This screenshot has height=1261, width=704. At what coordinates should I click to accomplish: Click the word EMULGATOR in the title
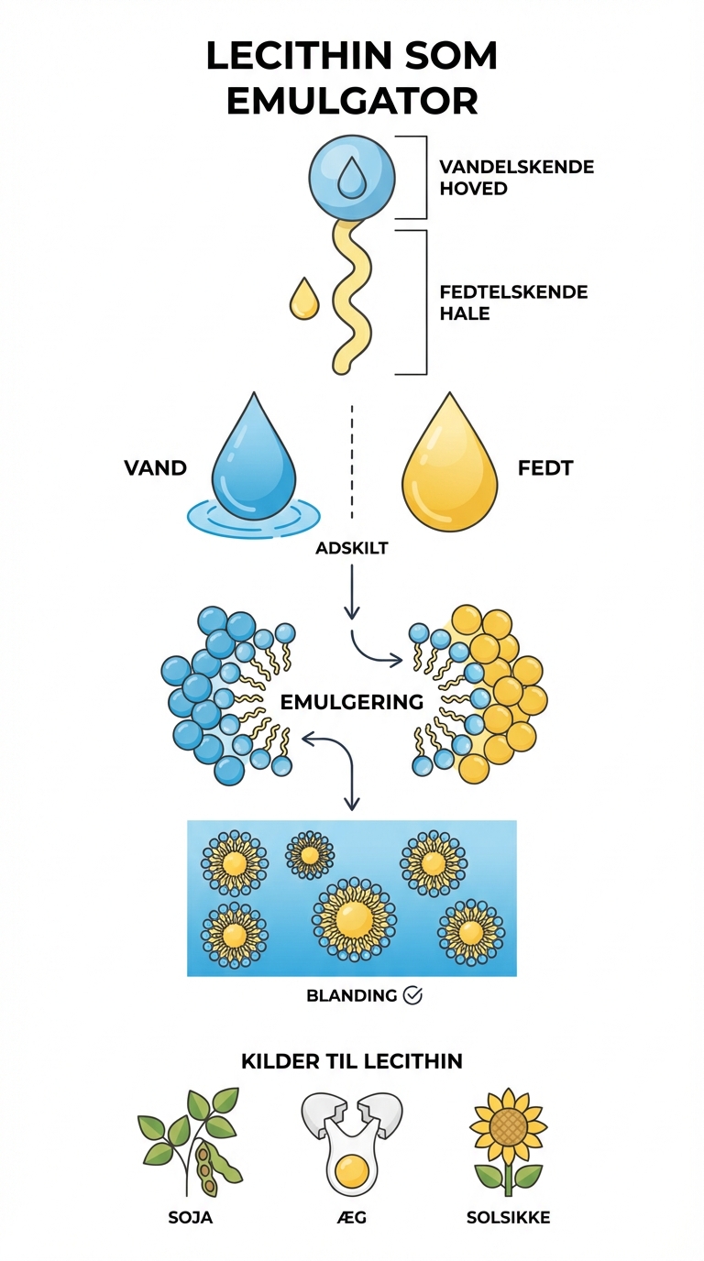point(352,99)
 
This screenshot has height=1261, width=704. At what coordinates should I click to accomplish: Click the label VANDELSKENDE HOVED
point(516,177)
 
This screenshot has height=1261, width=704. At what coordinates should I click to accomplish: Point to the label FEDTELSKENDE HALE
point(513,302)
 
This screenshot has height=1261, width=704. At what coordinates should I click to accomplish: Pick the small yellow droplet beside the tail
point(304,300)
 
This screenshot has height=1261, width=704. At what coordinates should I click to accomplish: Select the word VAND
point(155,468)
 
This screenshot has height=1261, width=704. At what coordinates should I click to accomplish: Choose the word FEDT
point(545,468)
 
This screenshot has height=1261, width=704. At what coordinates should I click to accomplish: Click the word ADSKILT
point(352,548)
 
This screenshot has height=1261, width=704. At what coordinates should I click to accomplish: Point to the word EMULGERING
point(351,703)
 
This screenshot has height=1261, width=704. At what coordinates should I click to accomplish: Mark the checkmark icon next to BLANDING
point(412,995)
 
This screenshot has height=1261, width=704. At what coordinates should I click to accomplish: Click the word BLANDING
point(352,995)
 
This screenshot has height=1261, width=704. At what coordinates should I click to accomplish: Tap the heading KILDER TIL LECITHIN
point(352,1061)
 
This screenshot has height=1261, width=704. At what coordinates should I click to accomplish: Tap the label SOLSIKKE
point(507,1218)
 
